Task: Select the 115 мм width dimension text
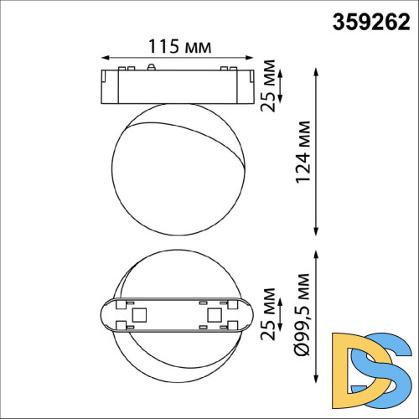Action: [x=175, y=45]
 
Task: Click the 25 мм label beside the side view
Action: [x=270, y=83]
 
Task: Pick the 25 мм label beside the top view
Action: [x=270, y=317]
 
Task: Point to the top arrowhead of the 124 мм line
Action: [x=318, y=74]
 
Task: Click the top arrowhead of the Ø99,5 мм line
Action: [x=318, y=254]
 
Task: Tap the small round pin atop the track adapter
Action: [x=150, y=66]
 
